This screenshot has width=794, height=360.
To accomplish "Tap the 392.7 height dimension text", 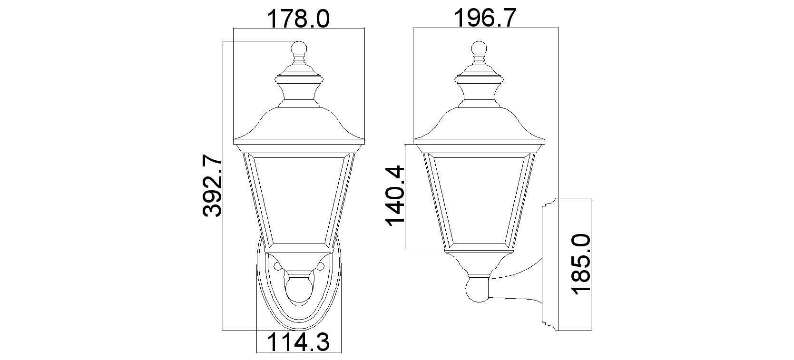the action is [212, 185].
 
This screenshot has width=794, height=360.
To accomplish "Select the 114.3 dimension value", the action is [298, 342].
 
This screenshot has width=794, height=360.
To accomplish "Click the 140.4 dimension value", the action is [395, 196].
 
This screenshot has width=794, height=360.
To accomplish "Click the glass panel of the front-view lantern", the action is [299, 200].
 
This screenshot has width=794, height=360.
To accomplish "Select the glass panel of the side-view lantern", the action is [479, 200].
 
